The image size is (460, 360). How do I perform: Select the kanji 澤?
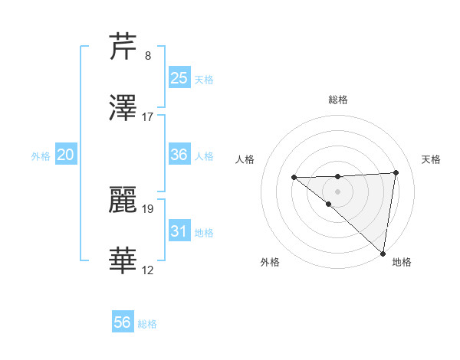pos(124,108)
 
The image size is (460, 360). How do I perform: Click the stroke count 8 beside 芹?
pos(147,55)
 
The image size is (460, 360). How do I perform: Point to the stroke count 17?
pos(148,116)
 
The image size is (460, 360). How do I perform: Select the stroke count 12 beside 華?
pos(148,270)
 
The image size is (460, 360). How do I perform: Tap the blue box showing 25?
pos(179,77)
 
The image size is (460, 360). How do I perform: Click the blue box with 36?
pos(179,154)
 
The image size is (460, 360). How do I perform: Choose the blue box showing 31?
pos(179,231)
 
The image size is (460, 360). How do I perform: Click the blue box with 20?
pos(66,154)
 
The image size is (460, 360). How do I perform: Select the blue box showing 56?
pos(122,322)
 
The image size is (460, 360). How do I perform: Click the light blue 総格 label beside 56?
pos(147,324)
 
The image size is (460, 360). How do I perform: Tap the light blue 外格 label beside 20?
pos(41,155)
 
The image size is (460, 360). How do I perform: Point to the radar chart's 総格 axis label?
pos(337,100)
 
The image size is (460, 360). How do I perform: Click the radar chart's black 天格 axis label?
pos(431,159)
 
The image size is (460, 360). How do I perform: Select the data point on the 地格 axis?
pos(383,254)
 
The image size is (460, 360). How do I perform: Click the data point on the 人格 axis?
pos(294,178)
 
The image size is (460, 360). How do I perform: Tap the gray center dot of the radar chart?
pos(337,191)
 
